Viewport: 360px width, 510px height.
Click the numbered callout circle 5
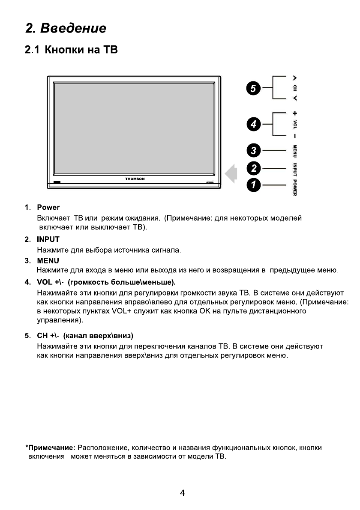(x=254, y=89)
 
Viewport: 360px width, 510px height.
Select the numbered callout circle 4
(x=254, y=125)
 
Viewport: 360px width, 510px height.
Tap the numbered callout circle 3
(x=254, y=151)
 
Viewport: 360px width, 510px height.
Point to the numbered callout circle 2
(x=254, y=168)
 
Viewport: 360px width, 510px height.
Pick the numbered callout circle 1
(x=254, y=185)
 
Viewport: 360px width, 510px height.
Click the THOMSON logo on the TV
(x=135, y=179)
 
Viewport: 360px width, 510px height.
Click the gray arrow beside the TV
(x=231, y=173)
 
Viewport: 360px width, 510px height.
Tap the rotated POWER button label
(x=295, y=187)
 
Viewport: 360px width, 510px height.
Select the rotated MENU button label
(x=295, y=151)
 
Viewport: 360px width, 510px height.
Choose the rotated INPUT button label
(x=295, y=168)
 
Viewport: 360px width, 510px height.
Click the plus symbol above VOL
(x=295, y=114)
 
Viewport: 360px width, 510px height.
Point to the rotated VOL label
(x=295, y=125)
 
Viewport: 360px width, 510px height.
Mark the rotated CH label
(x=295, y=88)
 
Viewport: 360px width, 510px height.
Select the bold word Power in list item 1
(x=48, y=208)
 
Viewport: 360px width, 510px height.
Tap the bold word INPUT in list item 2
(x=48, y=239)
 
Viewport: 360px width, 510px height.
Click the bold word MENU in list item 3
(x=48, y=260)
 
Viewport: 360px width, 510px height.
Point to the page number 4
(x=183, y=493)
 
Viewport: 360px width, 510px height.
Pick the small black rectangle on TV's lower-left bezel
(x=57, y=183)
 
